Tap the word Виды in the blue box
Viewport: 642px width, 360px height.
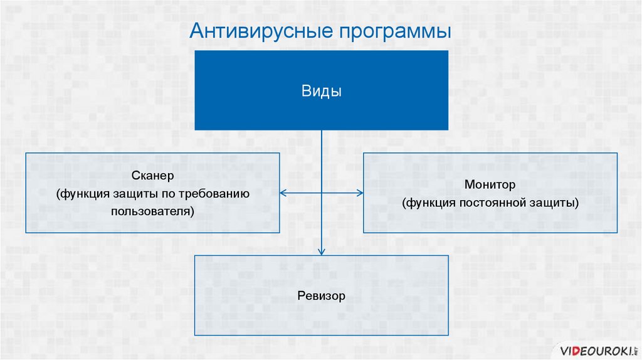click(x=321, y=92)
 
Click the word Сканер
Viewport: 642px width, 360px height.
click(x=152, y=176)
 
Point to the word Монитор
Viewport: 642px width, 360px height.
click(x=490, y=185)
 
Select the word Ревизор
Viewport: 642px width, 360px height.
click(x=321, y=295)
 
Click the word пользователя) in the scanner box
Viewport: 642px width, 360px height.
click(x=152, y=211)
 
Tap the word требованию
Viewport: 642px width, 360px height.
click(x=218, y=194)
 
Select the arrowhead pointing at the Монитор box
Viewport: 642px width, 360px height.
click(x=359, y=193)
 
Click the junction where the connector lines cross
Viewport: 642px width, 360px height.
click(x=322, y=193)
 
